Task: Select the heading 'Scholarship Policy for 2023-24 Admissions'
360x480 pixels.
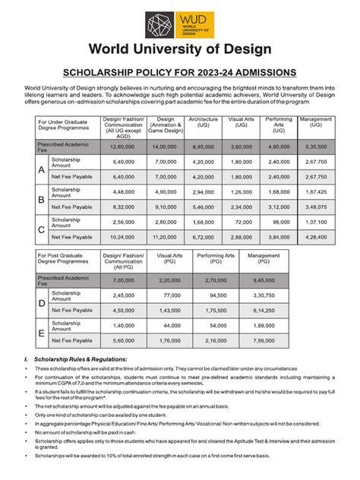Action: point(179,72)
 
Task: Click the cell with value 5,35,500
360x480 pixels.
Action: point(315,146)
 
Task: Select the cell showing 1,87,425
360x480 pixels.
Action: point(315,192)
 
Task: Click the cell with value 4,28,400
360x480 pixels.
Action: point(315,237)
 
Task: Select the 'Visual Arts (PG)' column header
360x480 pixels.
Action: point(171,259)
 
